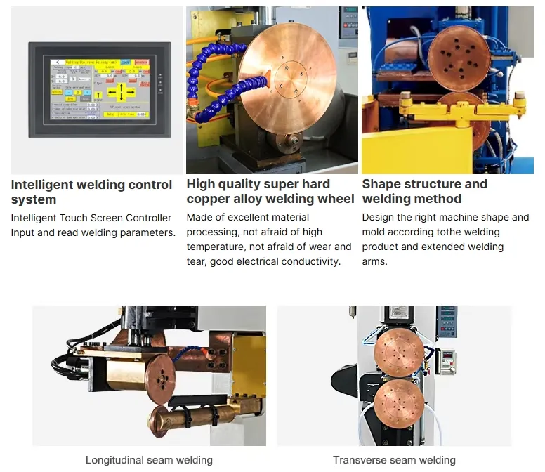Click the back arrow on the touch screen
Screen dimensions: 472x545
55,62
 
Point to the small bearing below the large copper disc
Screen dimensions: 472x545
286,141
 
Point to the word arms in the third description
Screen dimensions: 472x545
374,261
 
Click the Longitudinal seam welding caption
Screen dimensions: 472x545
149,460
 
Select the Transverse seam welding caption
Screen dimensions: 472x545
394,460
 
